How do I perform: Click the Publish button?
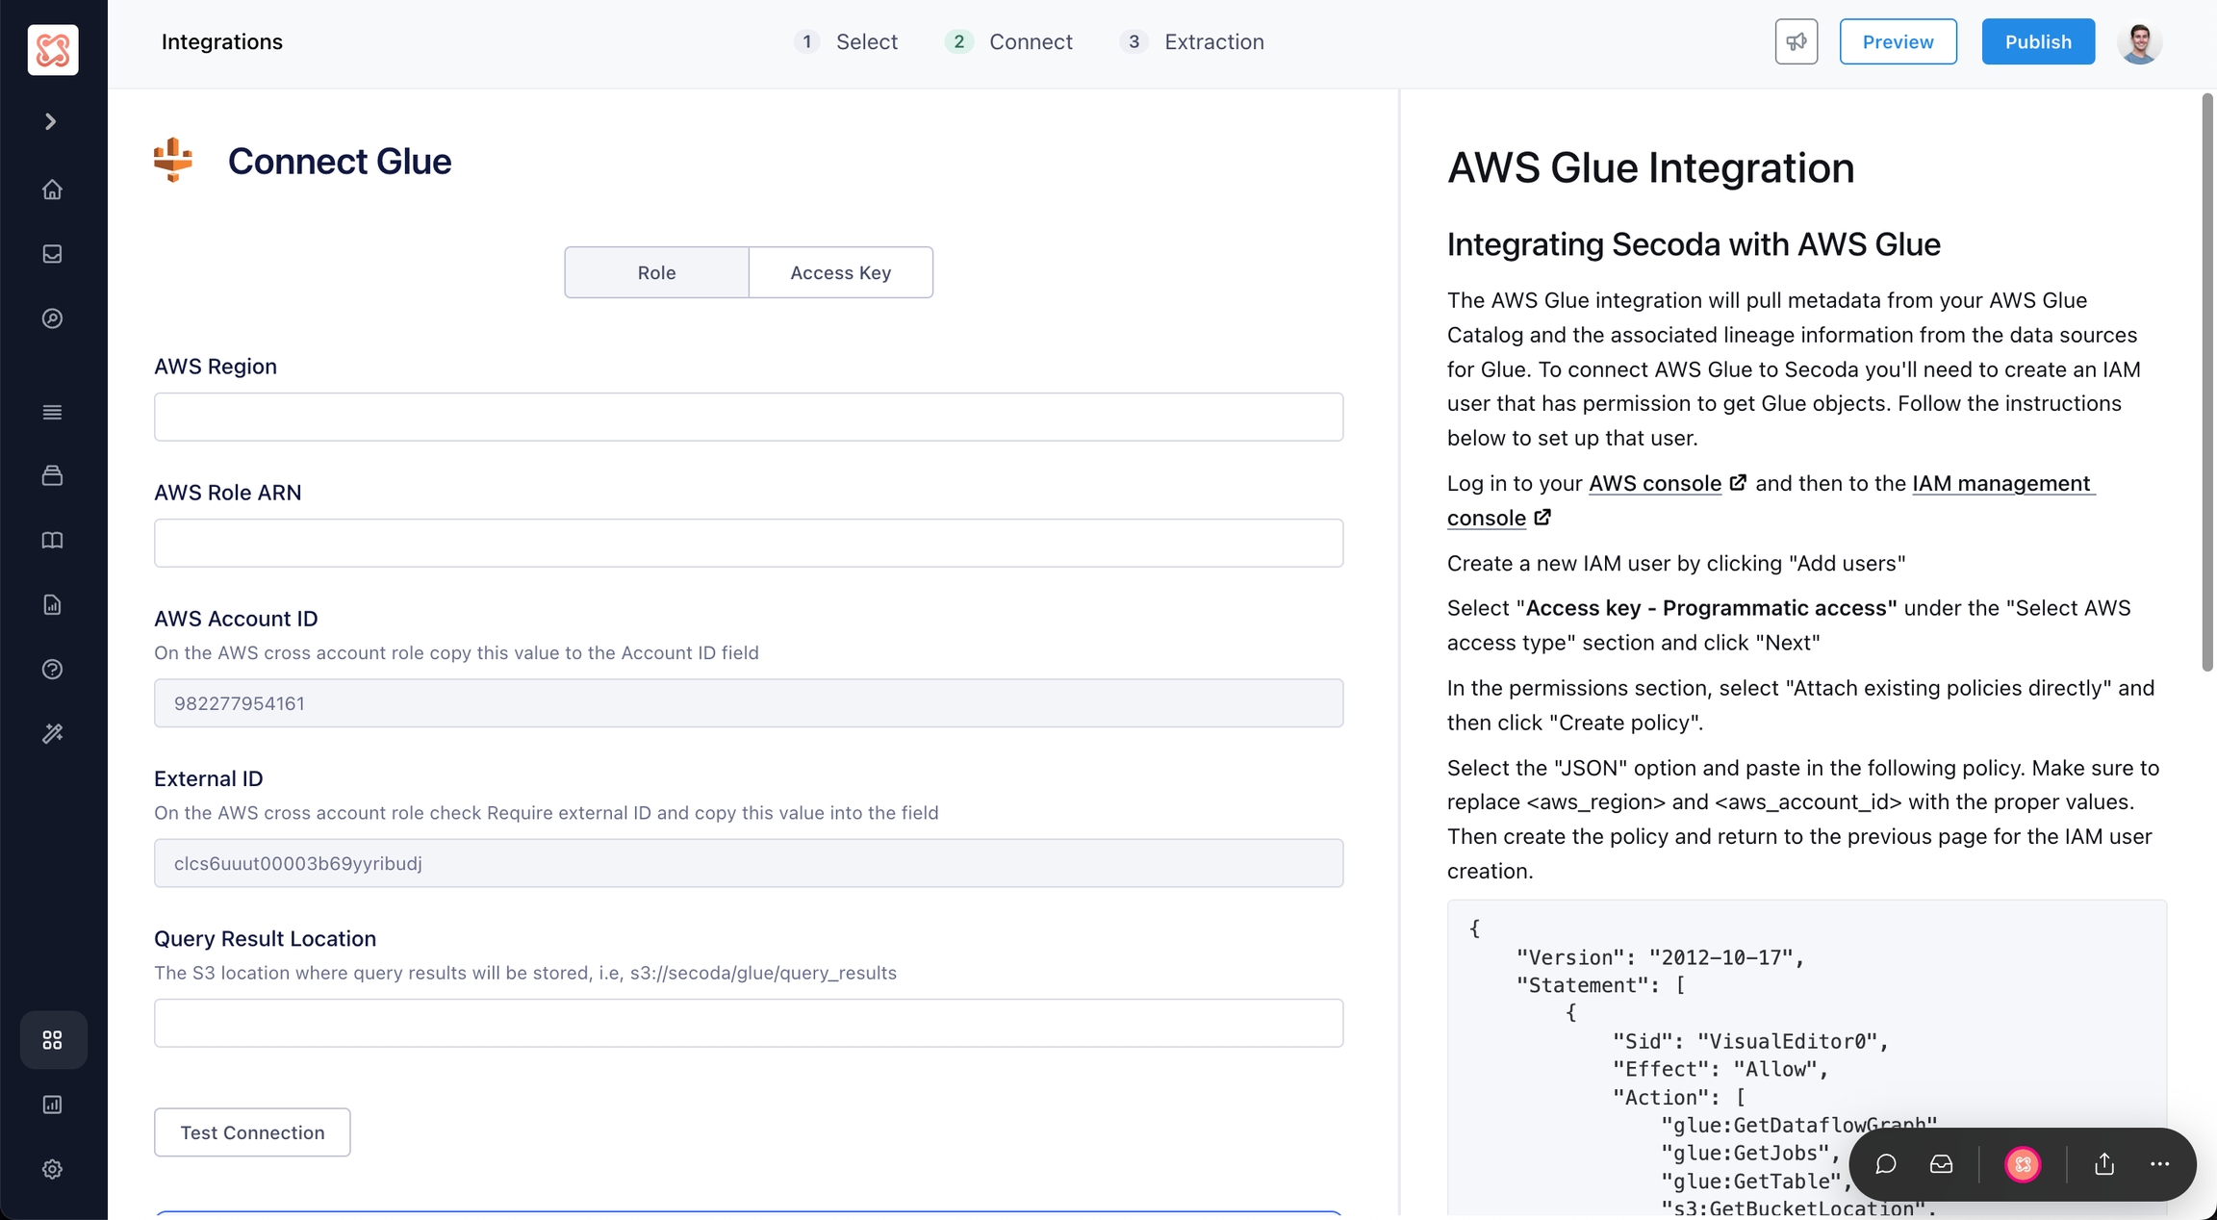[x=2038, y=41]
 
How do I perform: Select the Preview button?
[x=1898, y=41]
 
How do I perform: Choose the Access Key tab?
[x=841, y=272]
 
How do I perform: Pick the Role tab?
[x=656, y=272]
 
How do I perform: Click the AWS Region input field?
[x=749, y=417]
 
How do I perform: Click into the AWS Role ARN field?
[x=749, y=543]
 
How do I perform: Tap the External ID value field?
[x=749, y=863]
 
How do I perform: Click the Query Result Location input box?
[x=749, y=1023]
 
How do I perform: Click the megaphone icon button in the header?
[x=1797, y=41]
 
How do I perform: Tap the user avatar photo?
[x=2139, y=41]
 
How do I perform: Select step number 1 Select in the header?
[x=846, y=41]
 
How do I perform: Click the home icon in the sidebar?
[x=52, y=190]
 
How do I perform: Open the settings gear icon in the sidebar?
[x=52, y=1169]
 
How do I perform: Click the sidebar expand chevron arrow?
[x=51, y=121]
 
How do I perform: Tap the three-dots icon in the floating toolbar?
[x=2159, y=1164]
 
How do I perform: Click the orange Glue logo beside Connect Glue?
[x=173, y=160]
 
